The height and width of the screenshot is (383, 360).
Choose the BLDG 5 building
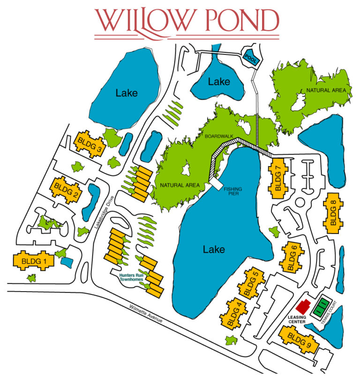(x=251, y=284)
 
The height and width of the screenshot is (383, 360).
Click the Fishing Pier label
(x=233, y=191)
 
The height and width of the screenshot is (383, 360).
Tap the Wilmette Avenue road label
(x=145, y=314)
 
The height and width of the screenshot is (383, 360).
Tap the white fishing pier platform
(x=217, y=183)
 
